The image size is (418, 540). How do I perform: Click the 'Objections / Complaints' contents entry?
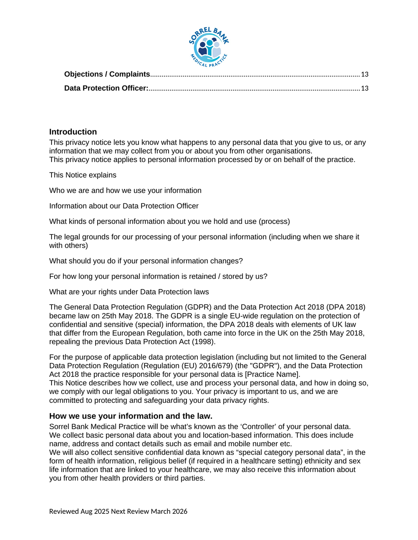point(107,74)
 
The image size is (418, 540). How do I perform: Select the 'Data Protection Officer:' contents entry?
point(106,88)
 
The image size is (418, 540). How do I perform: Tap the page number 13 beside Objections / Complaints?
point(364,75)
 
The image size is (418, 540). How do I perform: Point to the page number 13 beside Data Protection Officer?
point(364,89)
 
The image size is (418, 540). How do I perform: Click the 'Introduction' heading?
point(73,132)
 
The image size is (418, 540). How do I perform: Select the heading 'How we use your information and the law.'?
point(131,416)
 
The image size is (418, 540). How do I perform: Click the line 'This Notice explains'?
point(82,175)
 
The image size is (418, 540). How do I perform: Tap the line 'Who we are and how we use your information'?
point(125,191)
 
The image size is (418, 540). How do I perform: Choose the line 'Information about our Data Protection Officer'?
point(123,206)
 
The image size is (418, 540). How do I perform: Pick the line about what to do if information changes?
point(146,261)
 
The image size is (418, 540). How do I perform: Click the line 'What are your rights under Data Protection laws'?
point(129,292)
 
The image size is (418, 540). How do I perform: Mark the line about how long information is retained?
point(158,276)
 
